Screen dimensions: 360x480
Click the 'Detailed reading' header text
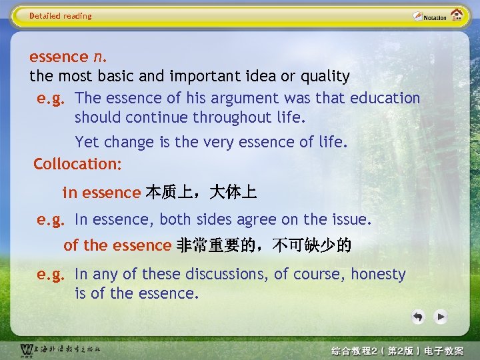(x=61, y=16)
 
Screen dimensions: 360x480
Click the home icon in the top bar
(x=457, y=15)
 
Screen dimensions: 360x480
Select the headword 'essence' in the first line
(x=59, y=57)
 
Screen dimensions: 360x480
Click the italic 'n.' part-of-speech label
(x=97, y=57)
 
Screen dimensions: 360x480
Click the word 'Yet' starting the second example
(x=87, y=142)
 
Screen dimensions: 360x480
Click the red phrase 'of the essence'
(x=117, y=245)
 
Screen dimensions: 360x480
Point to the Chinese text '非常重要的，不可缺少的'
(x=263, y=245)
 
